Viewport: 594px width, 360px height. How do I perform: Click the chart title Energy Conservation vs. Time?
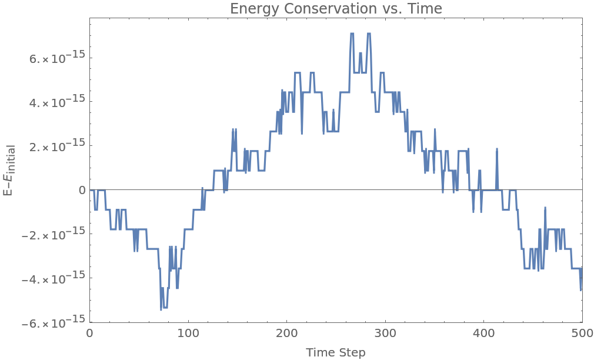pos(335,9)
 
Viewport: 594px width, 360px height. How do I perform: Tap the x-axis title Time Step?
pos(335,352)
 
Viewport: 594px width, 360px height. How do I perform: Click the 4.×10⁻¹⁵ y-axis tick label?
pos(59,102)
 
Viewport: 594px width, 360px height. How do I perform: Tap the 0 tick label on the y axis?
pos(82,190)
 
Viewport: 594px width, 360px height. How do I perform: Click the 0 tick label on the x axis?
pos(89,333)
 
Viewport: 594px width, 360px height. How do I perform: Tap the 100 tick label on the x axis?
pos(188,333)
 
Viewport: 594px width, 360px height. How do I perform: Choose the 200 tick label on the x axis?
pos(286,333)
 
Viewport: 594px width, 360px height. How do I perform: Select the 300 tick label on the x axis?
pos(385,333)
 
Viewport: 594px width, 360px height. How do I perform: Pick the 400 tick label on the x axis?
pos(483,333)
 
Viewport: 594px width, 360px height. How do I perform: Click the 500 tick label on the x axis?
pos(582,333)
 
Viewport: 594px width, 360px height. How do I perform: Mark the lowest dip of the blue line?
pos(161,309)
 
